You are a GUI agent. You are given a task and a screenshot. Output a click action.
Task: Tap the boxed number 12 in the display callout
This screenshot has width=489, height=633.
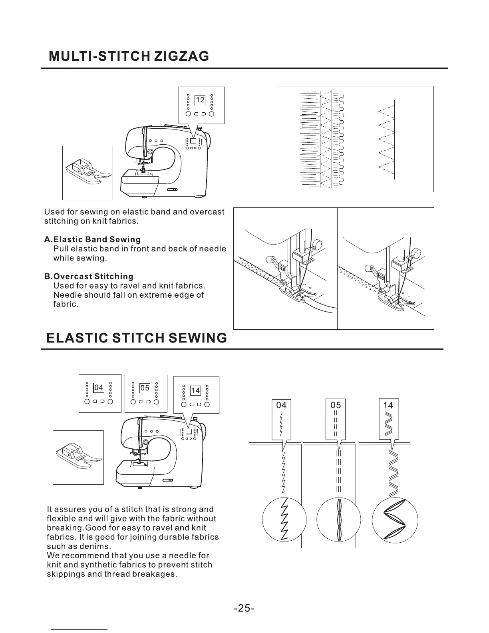200,100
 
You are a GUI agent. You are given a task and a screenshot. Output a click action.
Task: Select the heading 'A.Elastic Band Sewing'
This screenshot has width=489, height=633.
92,239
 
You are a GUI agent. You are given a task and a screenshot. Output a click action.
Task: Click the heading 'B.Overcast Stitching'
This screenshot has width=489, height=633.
88,277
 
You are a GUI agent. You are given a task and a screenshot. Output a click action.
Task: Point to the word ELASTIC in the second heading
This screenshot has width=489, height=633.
76,338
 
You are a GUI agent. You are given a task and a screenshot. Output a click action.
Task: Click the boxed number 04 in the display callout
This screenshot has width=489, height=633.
98,388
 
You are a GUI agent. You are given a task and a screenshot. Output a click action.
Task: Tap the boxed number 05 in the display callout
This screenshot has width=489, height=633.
145,388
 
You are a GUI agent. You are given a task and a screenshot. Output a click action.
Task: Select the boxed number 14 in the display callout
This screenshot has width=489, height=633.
195,390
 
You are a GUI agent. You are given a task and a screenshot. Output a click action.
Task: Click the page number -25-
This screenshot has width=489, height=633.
244,608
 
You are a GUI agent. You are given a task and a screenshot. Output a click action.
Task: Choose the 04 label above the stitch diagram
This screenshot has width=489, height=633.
281,405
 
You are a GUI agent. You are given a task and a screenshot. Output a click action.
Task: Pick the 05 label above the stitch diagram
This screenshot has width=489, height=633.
336,405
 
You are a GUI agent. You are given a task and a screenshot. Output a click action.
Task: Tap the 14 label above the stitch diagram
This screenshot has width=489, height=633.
388,405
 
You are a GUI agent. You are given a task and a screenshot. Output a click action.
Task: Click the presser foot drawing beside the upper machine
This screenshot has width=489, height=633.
87,173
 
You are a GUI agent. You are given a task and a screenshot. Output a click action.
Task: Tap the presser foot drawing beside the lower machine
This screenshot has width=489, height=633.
78,457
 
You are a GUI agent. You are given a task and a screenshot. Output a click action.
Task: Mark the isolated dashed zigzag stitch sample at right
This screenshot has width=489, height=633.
387,138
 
